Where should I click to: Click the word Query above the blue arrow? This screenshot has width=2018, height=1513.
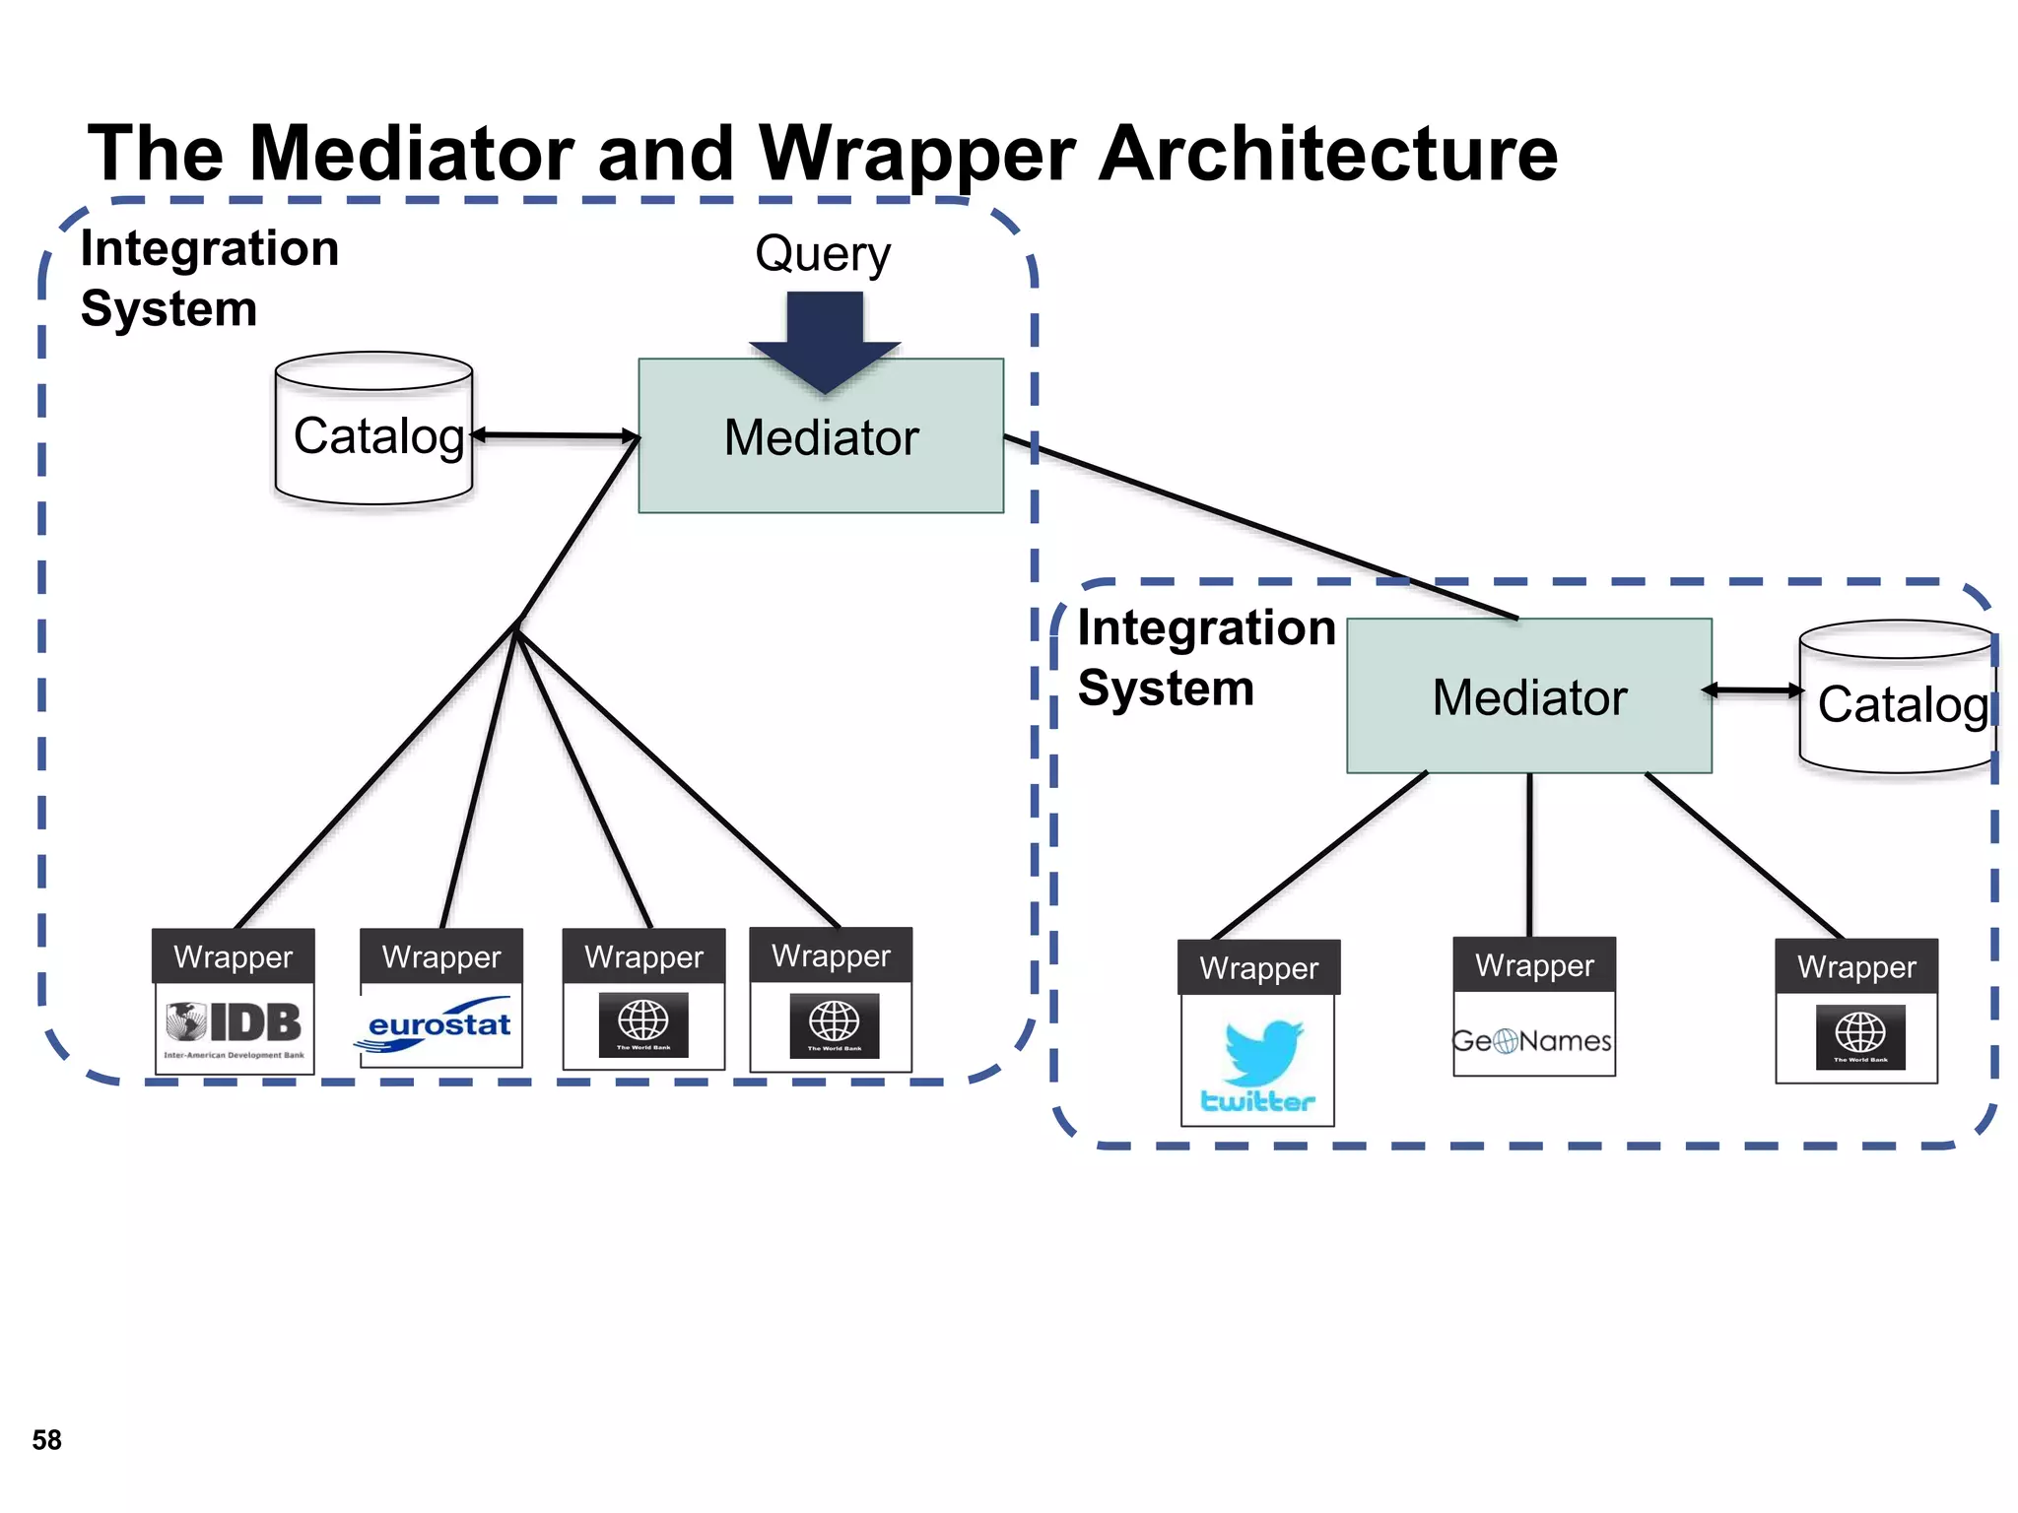823,254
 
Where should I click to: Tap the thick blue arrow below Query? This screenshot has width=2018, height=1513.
825,340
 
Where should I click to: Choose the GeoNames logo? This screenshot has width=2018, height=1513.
1532,1040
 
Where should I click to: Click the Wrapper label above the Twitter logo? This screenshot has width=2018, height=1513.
1258,968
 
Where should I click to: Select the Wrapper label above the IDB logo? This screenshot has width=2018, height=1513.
234,956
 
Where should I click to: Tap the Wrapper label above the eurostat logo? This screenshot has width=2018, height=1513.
440,956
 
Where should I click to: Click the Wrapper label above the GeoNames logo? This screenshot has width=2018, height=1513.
1534,965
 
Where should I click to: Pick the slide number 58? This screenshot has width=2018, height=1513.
46,1440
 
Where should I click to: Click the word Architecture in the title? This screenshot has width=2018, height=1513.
1327,154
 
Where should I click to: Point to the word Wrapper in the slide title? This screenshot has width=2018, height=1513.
916,154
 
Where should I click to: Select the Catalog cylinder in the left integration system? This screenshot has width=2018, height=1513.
375,430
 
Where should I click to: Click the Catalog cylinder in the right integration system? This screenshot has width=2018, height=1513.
1898,699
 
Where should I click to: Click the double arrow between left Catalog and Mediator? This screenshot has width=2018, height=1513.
555,434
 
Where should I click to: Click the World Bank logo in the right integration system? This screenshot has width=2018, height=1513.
1859,1036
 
